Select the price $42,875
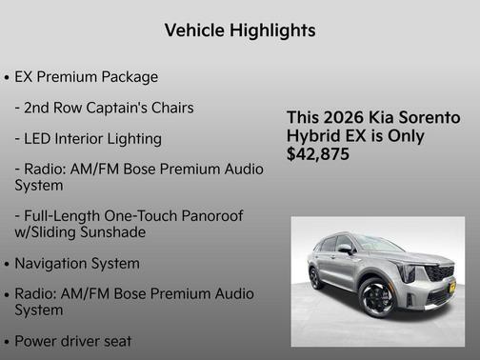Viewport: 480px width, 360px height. (x=318, y=153)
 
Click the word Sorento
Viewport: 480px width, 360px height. (x=429, y=117)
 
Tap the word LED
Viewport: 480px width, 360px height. (x=41, y=138)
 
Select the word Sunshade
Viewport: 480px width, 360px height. (x=137, y=232)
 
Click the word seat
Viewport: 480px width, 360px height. (x=114, y=340)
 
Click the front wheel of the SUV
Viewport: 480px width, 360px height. (x=377, y=298)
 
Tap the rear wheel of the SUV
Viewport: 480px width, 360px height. (x=315, y=278)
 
